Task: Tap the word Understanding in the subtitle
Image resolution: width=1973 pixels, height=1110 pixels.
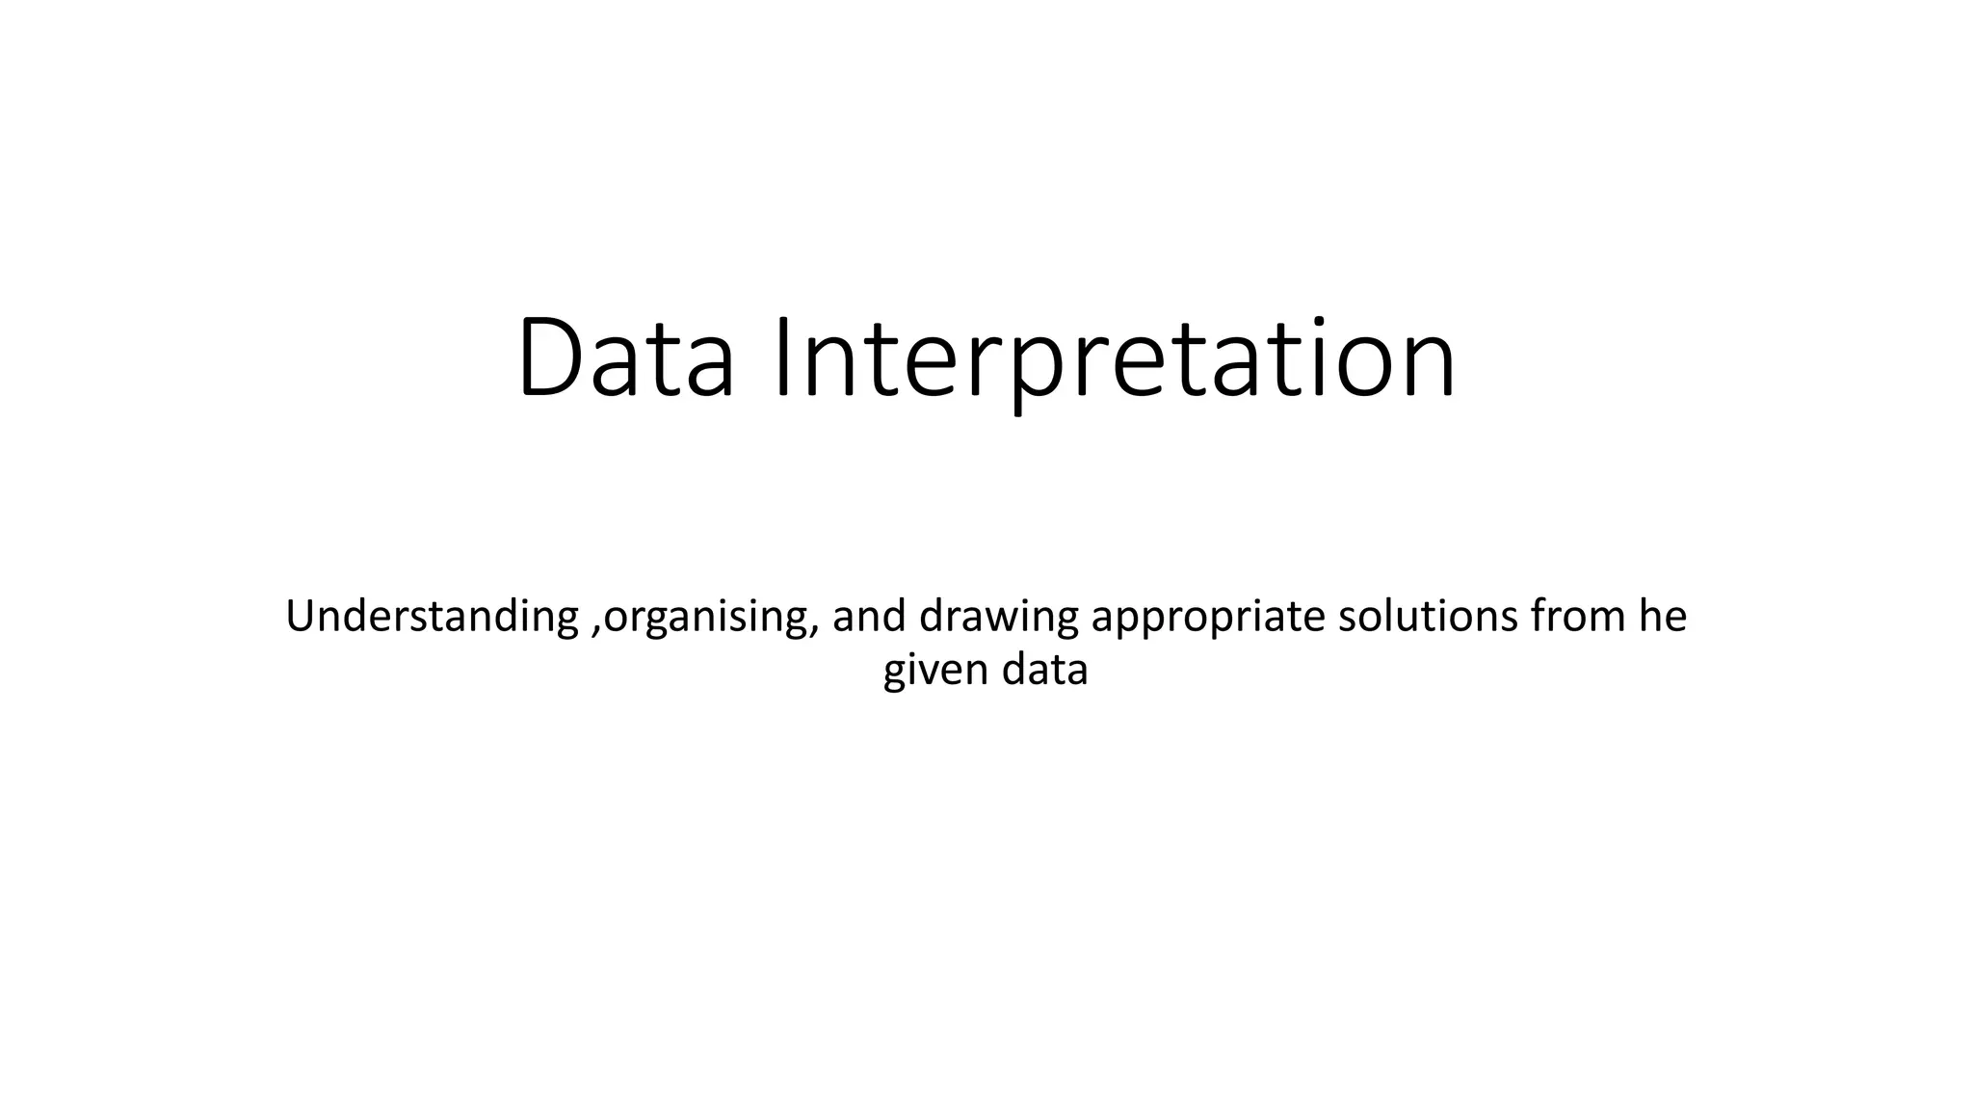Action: [432, 618]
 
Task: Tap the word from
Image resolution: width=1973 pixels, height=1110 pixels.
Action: [1577, 617]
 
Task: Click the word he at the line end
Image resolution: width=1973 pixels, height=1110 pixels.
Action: [1663, 617]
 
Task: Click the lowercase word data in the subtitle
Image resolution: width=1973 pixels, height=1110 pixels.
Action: [1044, 670]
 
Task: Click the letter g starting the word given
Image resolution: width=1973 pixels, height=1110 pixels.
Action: [895, 674]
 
